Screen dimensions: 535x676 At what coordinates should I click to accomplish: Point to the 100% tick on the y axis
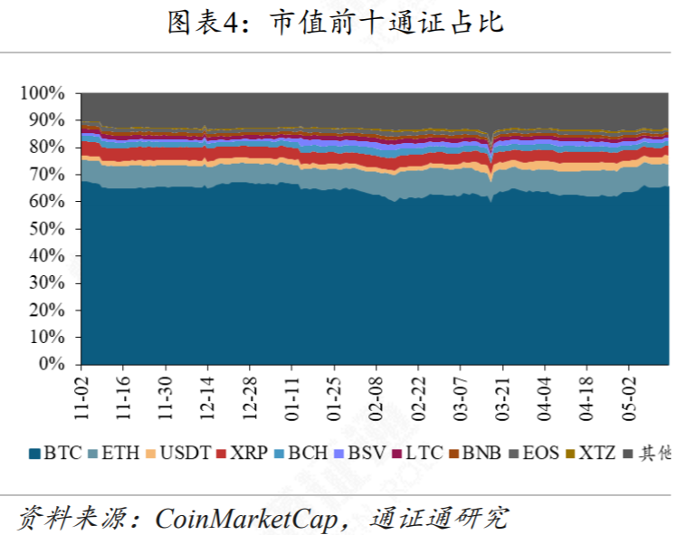pos(43,93)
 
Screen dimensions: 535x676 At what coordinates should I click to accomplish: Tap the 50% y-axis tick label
pos(46,229)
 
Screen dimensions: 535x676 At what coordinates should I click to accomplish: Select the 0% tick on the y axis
pos(52,365)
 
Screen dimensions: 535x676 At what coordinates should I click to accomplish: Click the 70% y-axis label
pos(46,175)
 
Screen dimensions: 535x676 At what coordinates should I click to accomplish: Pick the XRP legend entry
pos(242,453)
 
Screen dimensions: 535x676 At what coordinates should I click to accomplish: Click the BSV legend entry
pos(360,453)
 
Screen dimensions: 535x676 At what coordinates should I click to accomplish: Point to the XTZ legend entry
pos(589,453)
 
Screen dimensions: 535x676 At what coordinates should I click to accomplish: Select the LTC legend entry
pos(417,453)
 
